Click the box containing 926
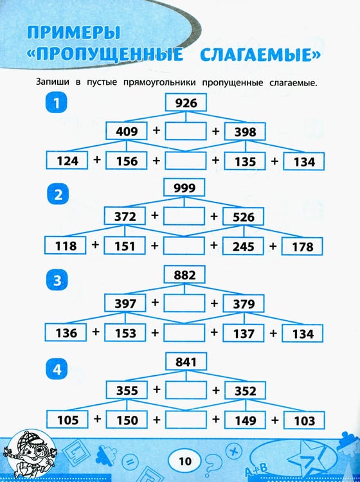186,102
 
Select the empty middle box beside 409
186,131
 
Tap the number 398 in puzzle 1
245,132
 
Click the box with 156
127,161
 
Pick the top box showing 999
184,187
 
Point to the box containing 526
243,217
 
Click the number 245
243,247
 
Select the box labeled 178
302,246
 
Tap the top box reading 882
184,274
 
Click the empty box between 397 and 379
184,303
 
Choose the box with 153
125,333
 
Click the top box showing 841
186,361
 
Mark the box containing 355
127,390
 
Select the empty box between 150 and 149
186,420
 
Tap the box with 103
304,420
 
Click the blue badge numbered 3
57,280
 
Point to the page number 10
184,461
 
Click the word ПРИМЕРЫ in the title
73,32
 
